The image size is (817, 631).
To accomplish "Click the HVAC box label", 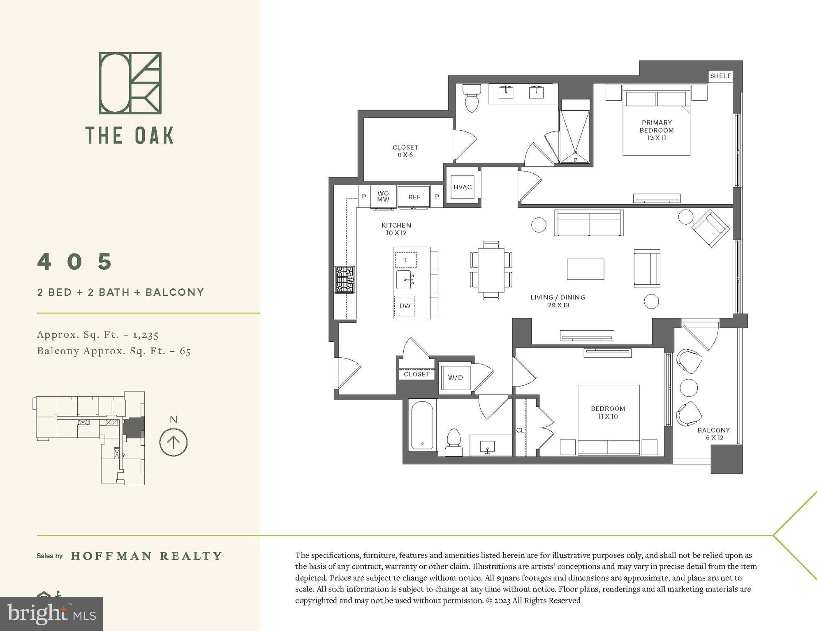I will pos(462,187).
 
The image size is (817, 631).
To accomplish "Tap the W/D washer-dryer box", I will pos(455,378).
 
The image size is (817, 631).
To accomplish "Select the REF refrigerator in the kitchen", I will pos(414,197).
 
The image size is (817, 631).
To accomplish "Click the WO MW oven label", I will pos(383,196).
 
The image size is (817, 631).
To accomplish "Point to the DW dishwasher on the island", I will pos(405,306).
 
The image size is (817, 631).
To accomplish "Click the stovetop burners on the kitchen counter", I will pos(345,280).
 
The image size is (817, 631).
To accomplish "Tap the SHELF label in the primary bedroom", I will pos(720,76).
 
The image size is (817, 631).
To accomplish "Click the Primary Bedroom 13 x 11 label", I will pos(656,130).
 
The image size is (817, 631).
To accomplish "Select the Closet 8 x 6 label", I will pos(405,151).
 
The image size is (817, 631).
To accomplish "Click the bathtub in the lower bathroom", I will pos(422,426).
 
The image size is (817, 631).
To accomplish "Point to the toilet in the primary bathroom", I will pos(472,98).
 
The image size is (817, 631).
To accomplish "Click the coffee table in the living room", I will pos(585,269).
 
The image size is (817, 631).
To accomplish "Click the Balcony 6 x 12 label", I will pos(713,434).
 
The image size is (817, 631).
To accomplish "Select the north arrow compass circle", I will pos(174,442).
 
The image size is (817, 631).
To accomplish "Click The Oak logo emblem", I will pos(130,83).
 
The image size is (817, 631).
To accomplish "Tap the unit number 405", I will pos(75,262).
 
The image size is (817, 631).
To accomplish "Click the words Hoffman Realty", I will pos(146,556).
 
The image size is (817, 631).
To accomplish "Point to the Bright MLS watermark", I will pos(51,614).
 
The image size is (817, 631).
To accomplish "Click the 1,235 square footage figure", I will pos(146,335).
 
